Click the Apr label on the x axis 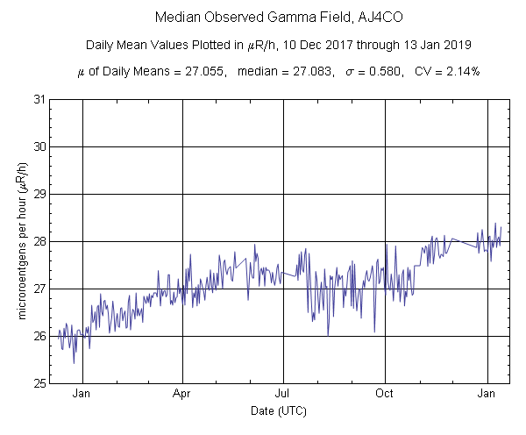[x=182, y=394]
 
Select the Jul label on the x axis [x=283, y=394]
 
